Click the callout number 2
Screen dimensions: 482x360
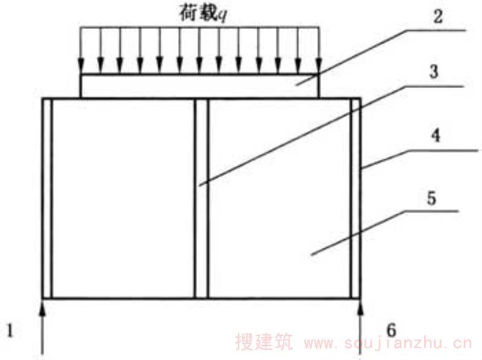click(438, 16)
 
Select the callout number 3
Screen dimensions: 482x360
click(434, 72)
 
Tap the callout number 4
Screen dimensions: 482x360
click(435, 135)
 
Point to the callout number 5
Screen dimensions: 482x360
click(431, 198)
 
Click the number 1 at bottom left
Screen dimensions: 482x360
click(10, 331)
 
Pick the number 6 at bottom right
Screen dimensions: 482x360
click(391, 331)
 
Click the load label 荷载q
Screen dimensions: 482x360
click(203, 14)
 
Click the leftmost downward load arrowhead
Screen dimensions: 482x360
click(81, 66)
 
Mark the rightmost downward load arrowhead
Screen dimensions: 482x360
click(319, 66)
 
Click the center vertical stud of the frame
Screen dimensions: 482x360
click(201, 199)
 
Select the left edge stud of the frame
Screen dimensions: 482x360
click(47, 199)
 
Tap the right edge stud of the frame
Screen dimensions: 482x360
click(355, 199)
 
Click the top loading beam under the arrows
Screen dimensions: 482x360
click(199, 86)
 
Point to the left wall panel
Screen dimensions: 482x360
click(124, 199)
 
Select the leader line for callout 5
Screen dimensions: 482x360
click(384, 233)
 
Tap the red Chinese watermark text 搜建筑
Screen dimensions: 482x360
click(264, 341)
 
